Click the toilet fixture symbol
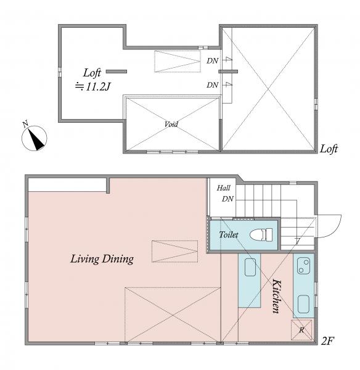click(261, 234)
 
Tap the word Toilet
click(228, 234)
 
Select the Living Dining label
click(102, 259)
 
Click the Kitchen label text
click(277, 296)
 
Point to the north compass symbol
click(35, 138)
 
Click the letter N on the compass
click(25, 124)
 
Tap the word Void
click(171, 124)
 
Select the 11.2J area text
click(92, 87)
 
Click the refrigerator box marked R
click(301, 330)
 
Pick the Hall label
click(223, 188)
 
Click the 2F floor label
click(327, 341)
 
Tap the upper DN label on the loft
click(212, 61)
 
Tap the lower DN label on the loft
click(212, 85)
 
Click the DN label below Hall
click(227, 199)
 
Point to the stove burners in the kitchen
click(303, 266)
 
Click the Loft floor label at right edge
click(329, 149)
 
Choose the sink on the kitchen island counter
click(250, 267)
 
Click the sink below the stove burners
click(303, 304)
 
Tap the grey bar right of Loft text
click(117, 72)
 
